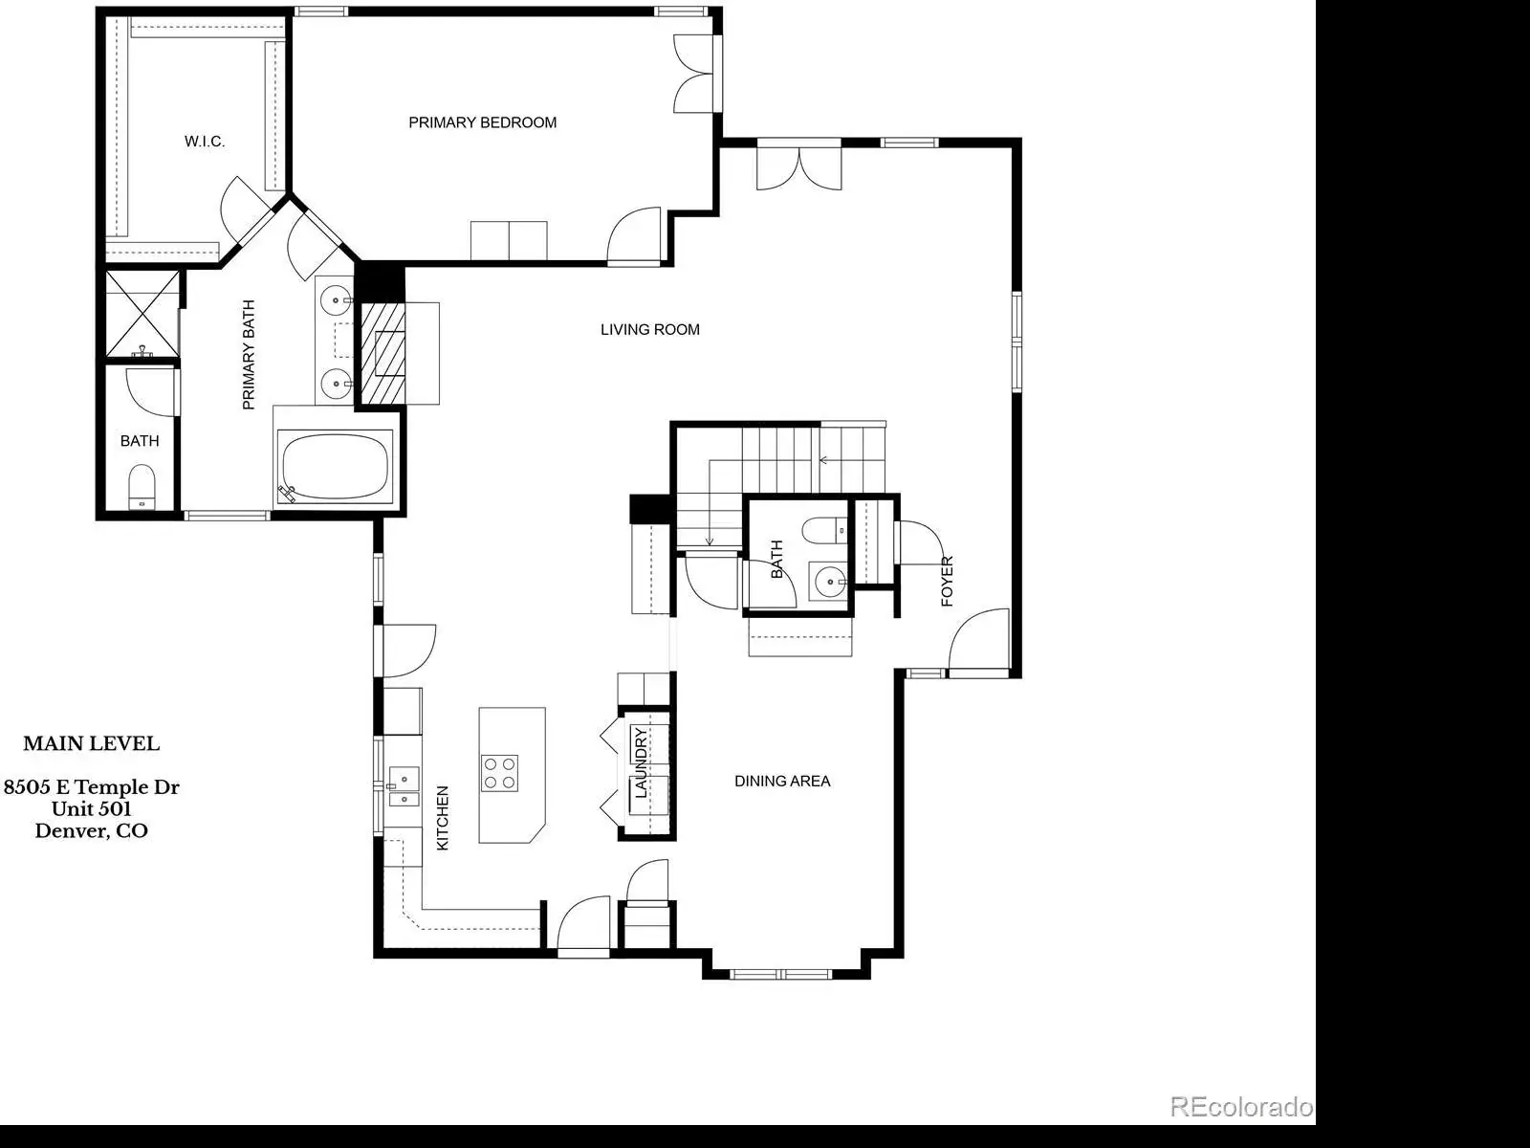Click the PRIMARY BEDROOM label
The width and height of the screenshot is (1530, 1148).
[x=482, y=122]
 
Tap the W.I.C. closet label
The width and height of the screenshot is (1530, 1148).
[x=205, y=142]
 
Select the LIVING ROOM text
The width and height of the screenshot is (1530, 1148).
[x=649, y=330]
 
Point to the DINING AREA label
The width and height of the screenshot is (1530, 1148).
[x=782, y=782]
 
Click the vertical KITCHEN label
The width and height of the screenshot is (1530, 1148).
[x=443, y=818]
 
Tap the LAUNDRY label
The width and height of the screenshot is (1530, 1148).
[x=641, y=762]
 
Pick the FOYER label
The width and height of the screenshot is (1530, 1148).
[x=947, y=582]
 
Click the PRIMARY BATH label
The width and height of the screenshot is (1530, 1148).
[x=249, y=355]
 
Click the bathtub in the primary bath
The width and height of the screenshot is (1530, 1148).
[x=336, y=466]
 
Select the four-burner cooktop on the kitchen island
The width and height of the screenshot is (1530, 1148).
[x=500, y=772]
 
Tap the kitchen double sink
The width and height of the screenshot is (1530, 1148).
[x=404, y=786]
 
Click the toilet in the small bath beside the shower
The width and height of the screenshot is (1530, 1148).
[x=142, y=486]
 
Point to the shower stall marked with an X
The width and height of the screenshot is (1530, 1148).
[x=142, y=314]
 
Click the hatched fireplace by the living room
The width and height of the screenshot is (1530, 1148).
[x=382, y=353]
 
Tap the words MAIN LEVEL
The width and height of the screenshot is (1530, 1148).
[x=91, y=743]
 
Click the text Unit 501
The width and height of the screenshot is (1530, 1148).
[x=91, y=808]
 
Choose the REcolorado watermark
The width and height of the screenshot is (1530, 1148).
[x=1241, y=1107]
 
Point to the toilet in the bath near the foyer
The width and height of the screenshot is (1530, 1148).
[x=824, y=530]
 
